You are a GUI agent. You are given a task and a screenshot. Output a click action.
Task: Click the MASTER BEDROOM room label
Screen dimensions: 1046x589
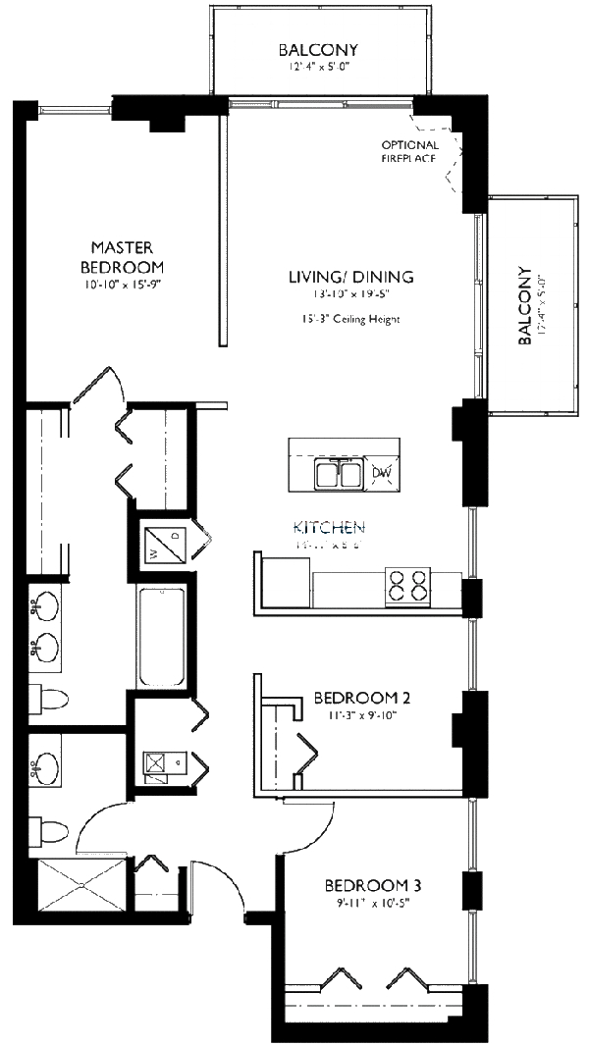(x=122, y=256)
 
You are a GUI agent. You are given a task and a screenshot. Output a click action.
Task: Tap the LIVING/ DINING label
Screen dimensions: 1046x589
(x=350, y=277)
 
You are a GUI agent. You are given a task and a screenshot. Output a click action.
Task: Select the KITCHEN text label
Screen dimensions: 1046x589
(x=329, y=527)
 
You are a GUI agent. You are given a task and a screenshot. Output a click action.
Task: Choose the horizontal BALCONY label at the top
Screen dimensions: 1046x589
(x=317, y=50)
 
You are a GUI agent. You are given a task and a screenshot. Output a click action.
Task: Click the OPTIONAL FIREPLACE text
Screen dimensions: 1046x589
(x=410, y=151)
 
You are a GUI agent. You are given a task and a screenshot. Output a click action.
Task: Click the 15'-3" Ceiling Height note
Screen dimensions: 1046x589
(x=351, y=319)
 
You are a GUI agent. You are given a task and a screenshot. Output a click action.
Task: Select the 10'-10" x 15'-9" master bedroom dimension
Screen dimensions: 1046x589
(x=122, y=286)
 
